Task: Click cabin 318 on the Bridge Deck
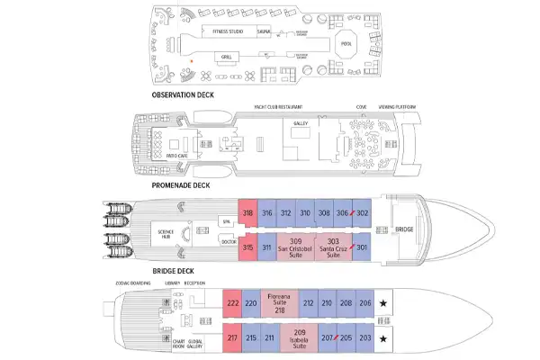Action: tap(247, 212)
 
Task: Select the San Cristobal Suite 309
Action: tap(294, 246)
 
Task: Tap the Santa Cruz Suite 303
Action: tap(332, 246)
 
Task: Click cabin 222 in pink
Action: tap(231, 303)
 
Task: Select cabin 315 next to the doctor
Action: tap(247, 247)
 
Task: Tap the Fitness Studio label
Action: tap(227, 31)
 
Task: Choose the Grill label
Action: tap(227, 57)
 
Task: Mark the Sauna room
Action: tap(265, 31)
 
